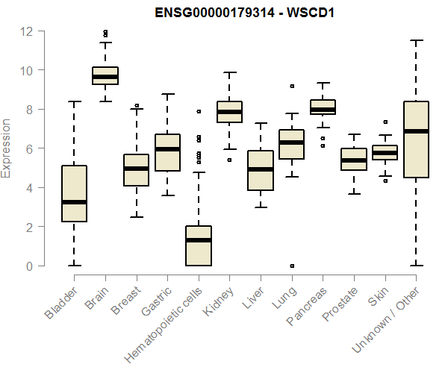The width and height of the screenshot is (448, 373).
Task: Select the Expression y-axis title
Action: point(7,148)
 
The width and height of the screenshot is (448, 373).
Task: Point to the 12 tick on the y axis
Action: point(27,31)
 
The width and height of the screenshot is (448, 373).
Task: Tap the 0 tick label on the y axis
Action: point(29,266)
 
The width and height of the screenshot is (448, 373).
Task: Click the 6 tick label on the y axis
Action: point(29,148)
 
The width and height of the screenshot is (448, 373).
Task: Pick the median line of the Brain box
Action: point(105,76)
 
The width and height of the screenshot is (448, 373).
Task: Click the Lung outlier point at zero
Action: point(292,266)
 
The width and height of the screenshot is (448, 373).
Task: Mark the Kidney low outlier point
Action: point(229,160)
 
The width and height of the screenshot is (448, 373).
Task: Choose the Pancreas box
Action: point(323,107)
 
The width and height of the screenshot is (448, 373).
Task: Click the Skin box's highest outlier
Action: point(385,122)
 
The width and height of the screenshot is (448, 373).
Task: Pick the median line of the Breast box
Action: point(137,169)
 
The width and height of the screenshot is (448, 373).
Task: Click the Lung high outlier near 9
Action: point(292,87)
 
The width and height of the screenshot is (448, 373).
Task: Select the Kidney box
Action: point(229,112)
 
